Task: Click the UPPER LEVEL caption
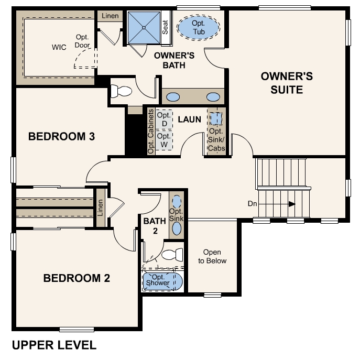coord(54,345)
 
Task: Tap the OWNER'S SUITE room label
coord(287,83)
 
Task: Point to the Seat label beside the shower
coord(166,27)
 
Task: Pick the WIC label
coord(59,47)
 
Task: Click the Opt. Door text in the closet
coord(83,41)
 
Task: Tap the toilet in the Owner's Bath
coord(121,91)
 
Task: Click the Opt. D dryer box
coord(164,119)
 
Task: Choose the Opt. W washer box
coord(164,140)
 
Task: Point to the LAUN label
coord(189,119)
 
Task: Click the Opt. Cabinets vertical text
coord(151,132)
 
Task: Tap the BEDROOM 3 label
coord(61,137)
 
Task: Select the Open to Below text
coord(212,256)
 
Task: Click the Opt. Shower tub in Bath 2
coord(162,280)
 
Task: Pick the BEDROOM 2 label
coord(77,278)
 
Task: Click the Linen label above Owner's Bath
coord(110,17)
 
